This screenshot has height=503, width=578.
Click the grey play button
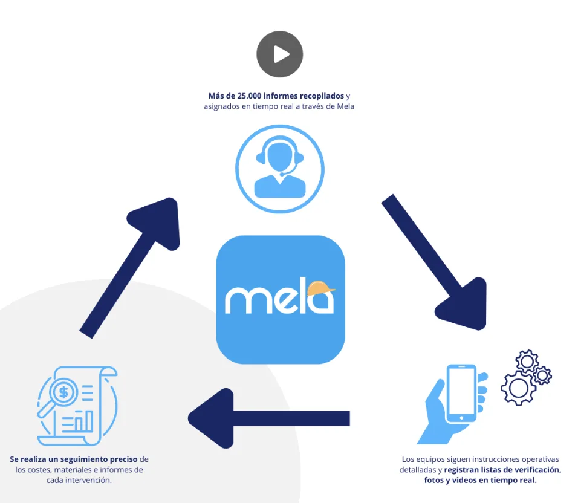tap(279, 55)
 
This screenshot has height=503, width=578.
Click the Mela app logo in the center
tap(281, 299)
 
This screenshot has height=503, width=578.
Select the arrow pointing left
tap(268, 418)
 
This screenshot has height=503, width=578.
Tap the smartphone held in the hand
tap(460, 394)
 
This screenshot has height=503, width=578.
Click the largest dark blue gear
tap(518, 388)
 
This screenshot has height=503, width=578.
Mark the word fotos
tap(434, 481)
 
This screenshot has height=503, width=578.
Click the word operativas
tap(540, 459)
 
